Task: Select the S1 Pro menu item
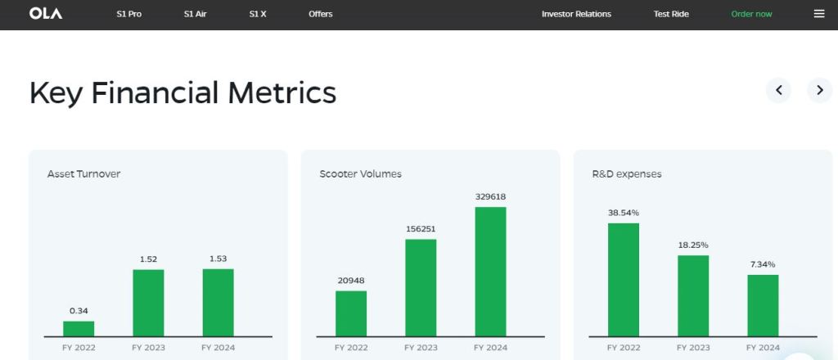pyautogui.click(x=128, y=14)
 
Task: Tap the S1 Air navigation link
pyautogui.click(x=195, y=14)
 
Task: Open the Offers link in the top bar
pyautogui.click(x=321, y=14)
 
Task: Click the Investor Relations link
pyautogui.click(x=576, y=14)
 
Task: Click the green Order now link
pyautogui.click(x=751, y=14)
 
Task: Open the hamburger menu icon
pyautogui.click(x=819, y=14)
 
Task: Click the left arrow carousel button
pyautogui.click(x=778, y=90)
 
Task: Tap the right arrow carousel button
pyautogui.click(x=819, y=90)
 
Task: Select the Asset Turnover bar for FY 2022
pyautogui.click(x=79, y=328)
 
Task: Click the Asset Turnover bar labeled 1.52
pyautogui.click(x=148, y=303)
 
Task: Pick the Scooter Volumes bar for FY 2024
pyautogui.click(x=490, y=271)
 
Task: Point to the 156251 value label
pyautogui.click(x=421, y=229)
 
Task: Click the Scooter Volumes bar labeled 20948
pyautogui.click(x=351, y=313)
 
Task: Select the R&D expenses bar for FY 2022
pyautogui.click(x=624, y=279)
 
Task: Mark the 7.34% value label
pyautogui.click(x=763, y=264)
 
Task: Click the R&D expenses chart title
pyautogui.click(x=627, y=174)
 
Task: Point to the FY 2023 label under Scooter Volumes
pyautogui.click(x=421, y=348)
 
